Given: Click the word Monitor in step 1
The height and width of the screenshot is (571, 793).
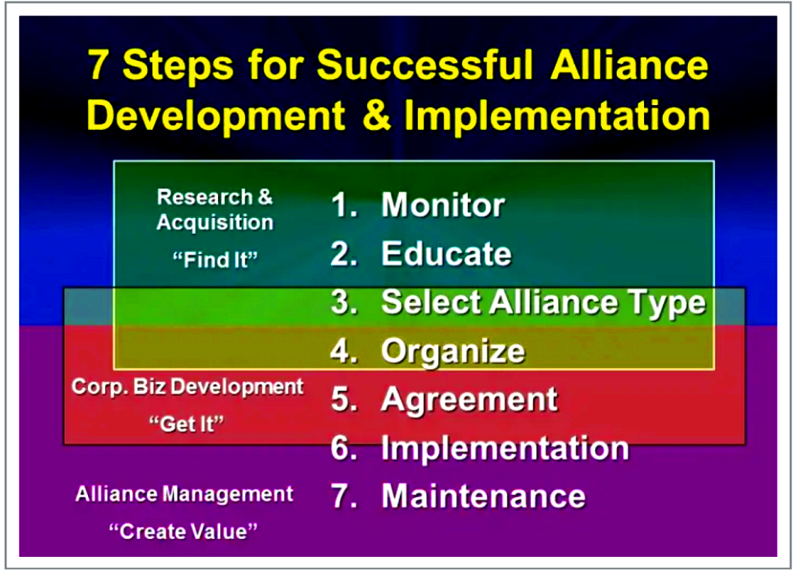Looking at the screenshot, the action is [x=443, y=206].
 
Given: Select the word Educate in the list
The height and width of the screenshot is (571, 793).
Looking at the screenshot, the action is [x=446, y=253].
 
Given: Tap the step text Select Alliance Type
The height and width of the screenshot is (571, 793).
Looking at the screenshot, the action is [x=543, y=303].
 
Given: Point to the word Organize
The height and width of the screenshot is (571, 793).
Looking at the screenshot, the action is [x=453, y=352].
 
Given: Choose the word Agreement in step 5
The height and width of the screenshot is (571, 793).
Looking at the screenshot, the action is [x=469, y=400].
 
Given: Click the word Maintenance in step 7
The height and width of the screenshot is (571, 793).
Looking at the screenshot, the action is [x=483, y=495].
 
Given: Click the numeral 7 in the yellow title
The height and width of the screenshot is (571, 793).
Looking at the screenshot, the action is [x=99, y=65].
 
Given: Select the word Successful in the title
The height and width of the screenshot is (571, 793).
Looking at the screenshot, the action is [x=425, y=65].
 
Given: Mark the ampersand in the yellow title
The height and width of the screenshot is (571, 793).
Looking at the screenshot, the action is [x=375, y=115].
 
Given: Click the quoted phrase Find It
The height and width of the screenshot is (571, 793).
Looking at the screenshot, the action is [x=215, y=261].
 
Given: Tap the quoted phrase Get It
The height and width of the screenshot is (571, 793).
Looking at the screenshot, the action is [x=186, y=424].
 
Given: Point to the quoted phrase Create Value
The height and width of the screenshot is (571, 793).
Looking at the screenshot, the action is [x=183, y=531].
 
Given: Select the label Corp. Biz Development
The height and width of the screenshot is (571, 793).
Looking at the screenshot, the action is [x=187, y=387].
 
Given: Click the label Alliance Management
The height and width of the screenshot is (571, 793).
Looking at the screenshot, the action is [x=184, y=494].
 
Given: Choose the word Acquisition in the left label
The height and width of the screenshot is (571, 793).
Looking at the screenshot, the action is [x=215, y=222].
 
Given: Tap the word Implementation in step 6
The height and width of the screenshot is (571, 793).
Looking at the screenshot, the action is [x=504, y=448].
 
